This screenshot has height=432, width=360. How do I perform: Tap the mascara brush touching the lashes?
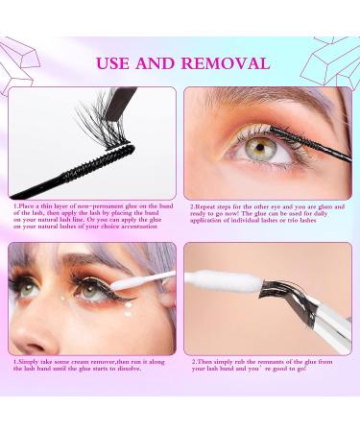click(294, 135)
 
